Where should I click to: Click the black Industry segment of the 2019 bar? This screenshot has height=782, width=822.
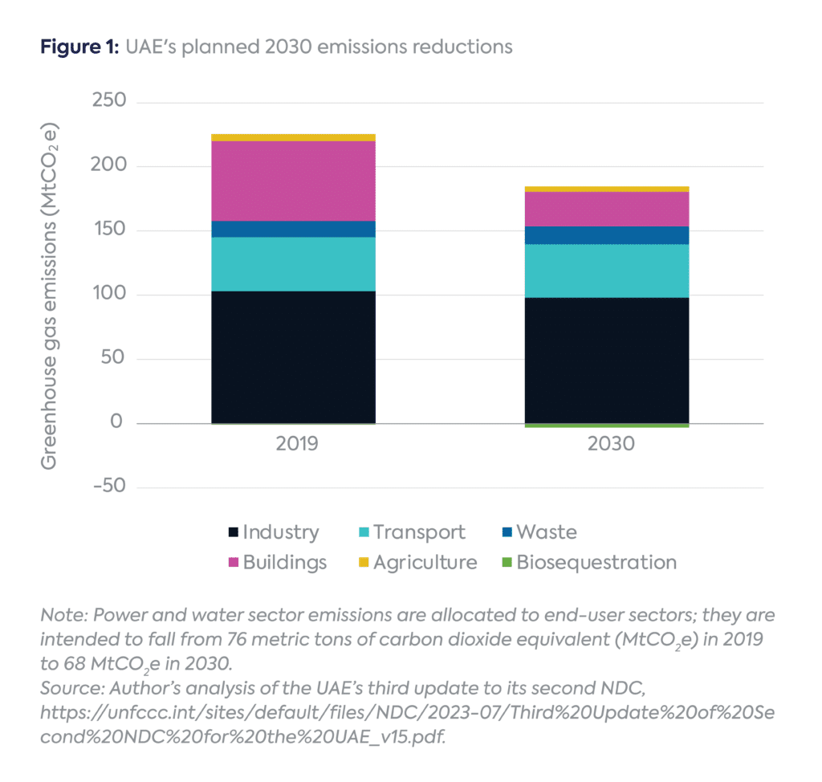tap(293, 357)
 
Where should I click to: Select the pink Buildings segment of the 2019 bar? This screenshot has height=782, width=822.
tap(293, 181)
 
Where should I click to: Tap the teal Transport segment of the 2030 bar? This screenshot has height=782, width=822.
tap(607, 271)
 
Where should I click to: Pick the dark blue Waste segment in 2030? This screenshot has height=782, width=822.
tap(607, 234)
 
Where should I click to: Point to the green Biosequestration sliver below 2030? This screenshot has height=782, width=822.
tap(607, 426)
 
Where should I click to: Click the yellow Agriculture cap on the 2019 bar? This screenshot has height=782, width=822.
tap(293, 137)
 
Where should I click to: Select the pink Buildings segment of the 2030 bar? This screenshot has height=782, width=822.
tap(607, 209)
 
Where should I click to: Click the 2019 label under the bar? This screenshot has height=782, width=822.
tap(293, 443)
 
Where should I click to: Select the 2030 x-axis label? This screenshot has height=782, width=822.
tap(607, 443)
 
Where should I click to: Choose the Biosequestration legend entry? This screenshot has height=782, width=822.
tap(595, 562)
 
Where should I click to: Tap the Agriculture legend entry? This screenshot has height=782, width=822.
tap(424, 562)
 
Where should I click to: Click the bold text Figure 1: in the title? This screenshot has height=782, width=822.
tap(77, 47)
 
